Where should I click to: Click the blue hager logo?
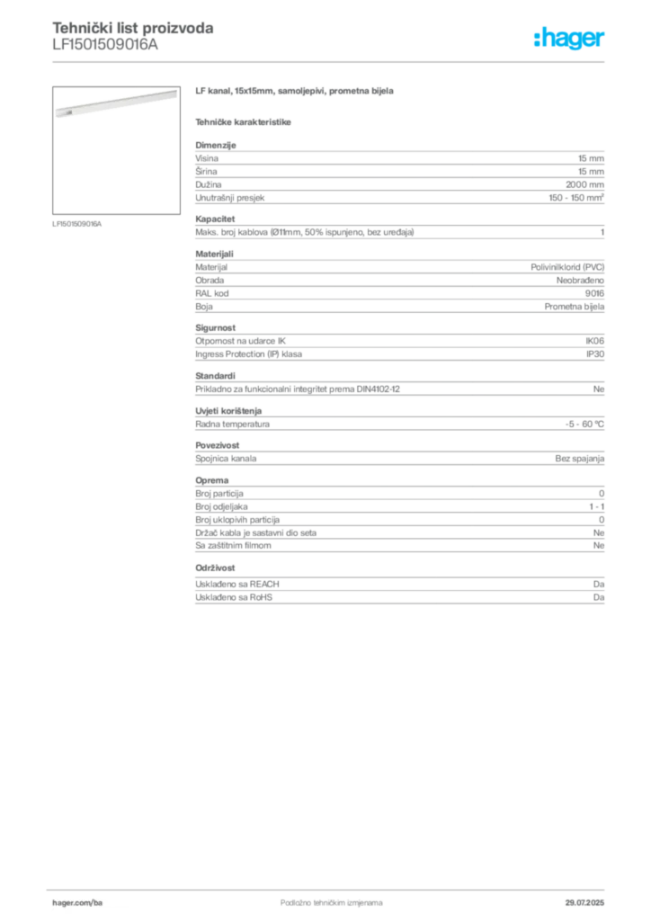tap(570, 40)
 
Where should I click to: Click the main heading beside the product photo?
tap(293, 92)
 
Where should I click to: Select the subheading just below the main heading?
tap(245, 120)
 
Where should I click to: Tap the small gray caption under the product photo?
tap(79, 224)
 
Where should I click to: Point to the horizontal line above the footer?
tap(331, 888)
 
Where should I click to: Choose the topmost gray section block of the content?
tap(398, 175)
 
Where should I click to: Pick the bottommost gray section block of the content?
tap(398, 593)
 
